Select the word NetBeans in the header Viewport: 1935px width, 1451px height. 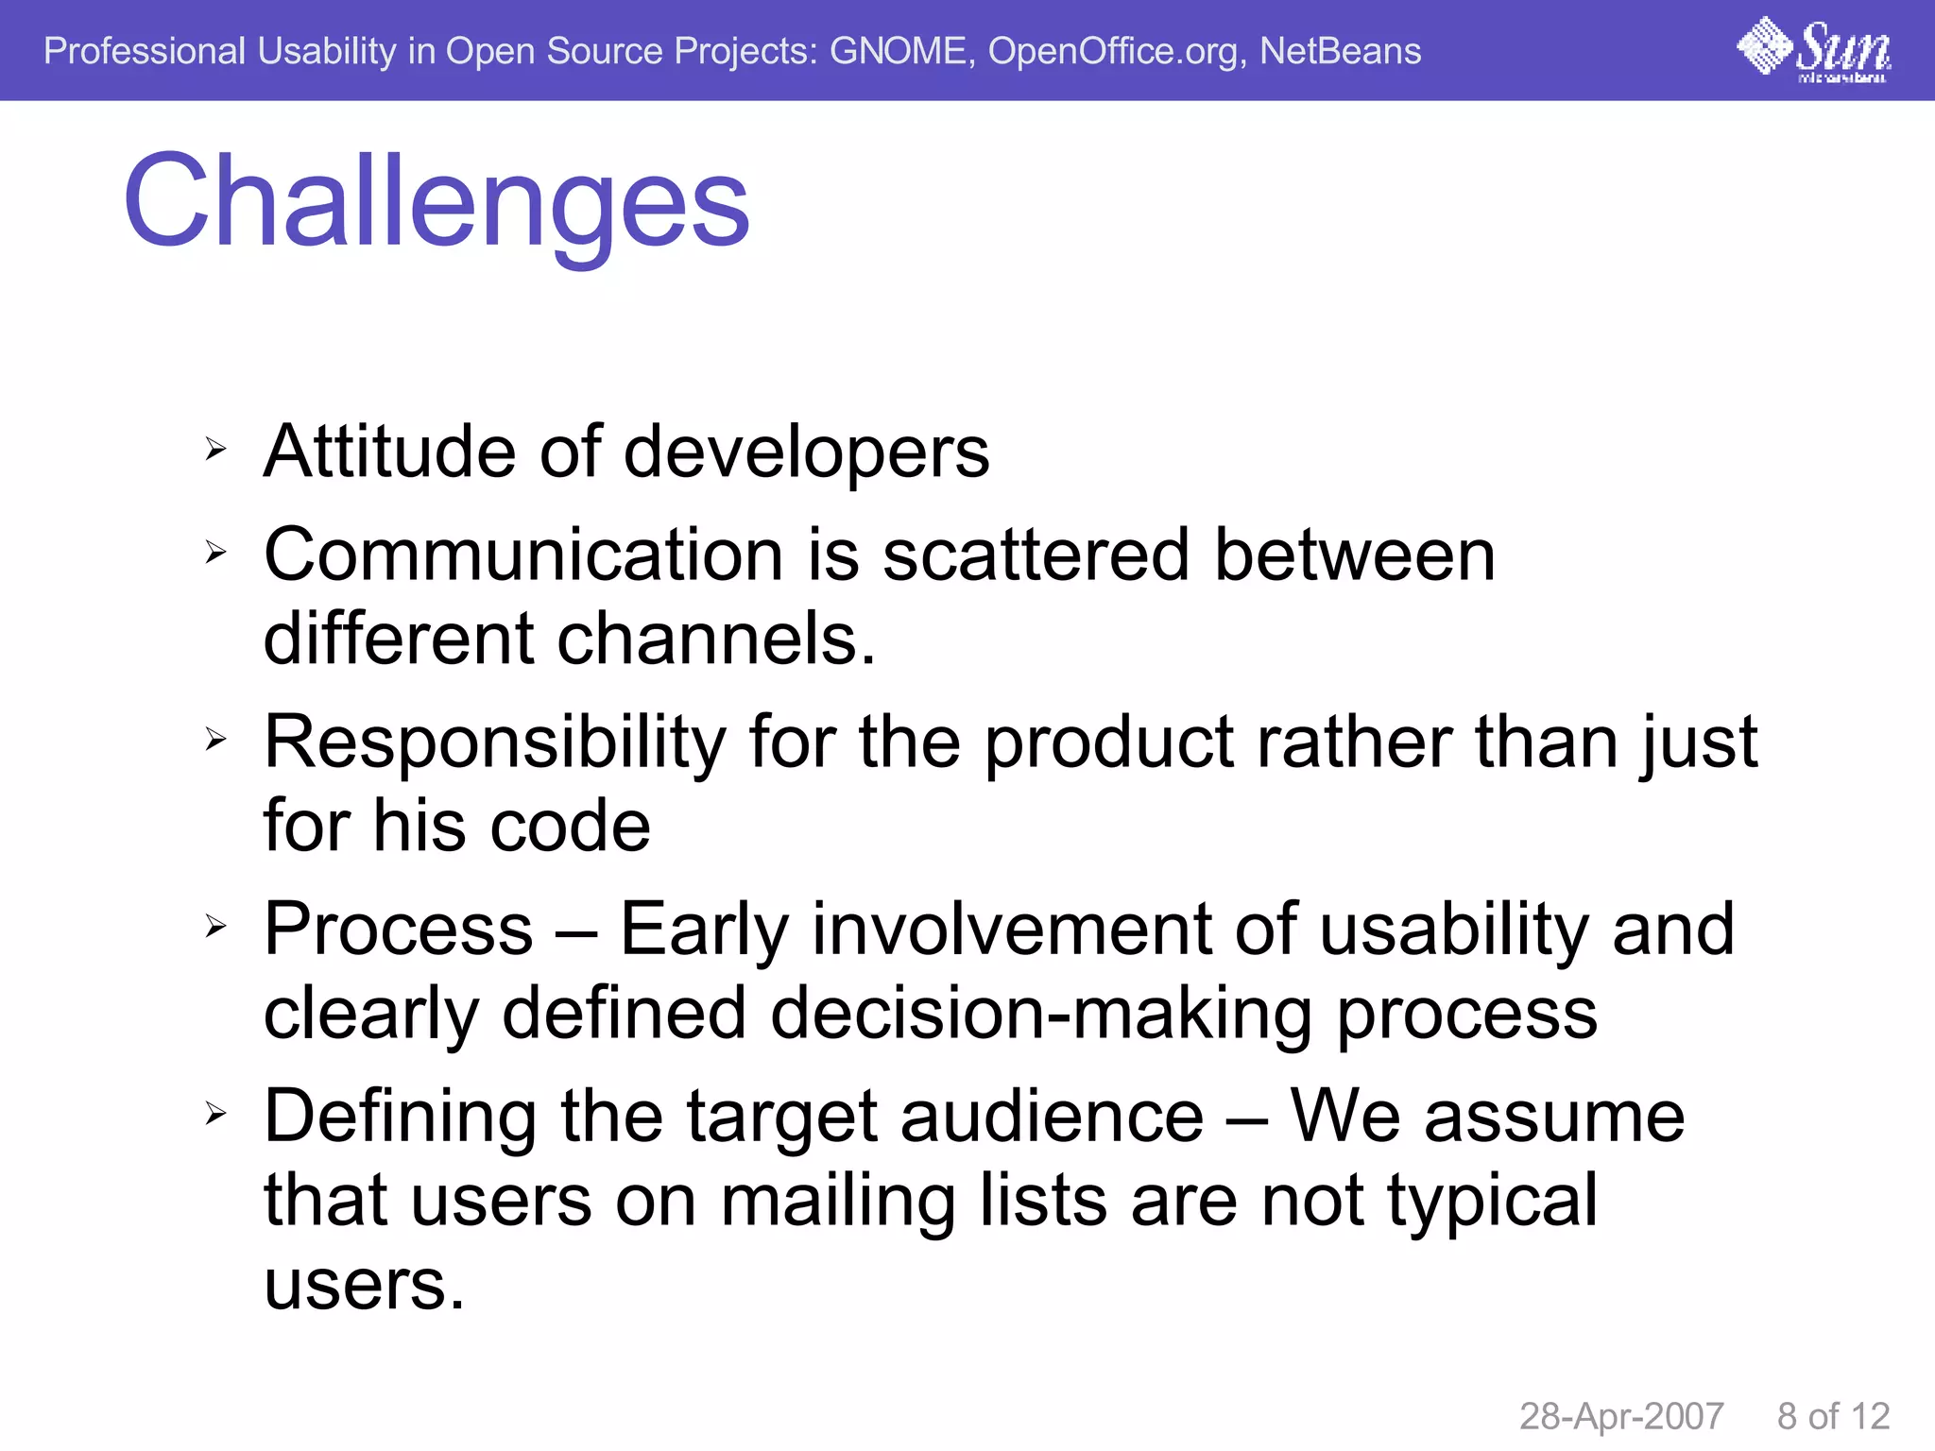[1340, 51]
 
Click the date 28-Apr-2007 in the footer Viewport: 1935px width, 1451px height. [1621, 1416]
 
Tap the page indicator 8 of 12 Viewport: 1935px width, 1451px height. [1833, 1416]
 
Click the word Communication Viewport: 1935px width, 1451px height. [523, 555]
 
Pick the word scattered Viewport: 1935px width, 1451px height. [1035, 555]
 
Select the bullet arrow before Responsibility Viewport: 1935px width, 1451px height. [215, 740]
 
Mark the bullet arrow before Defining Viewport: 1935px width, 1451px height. [215, 1115]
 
